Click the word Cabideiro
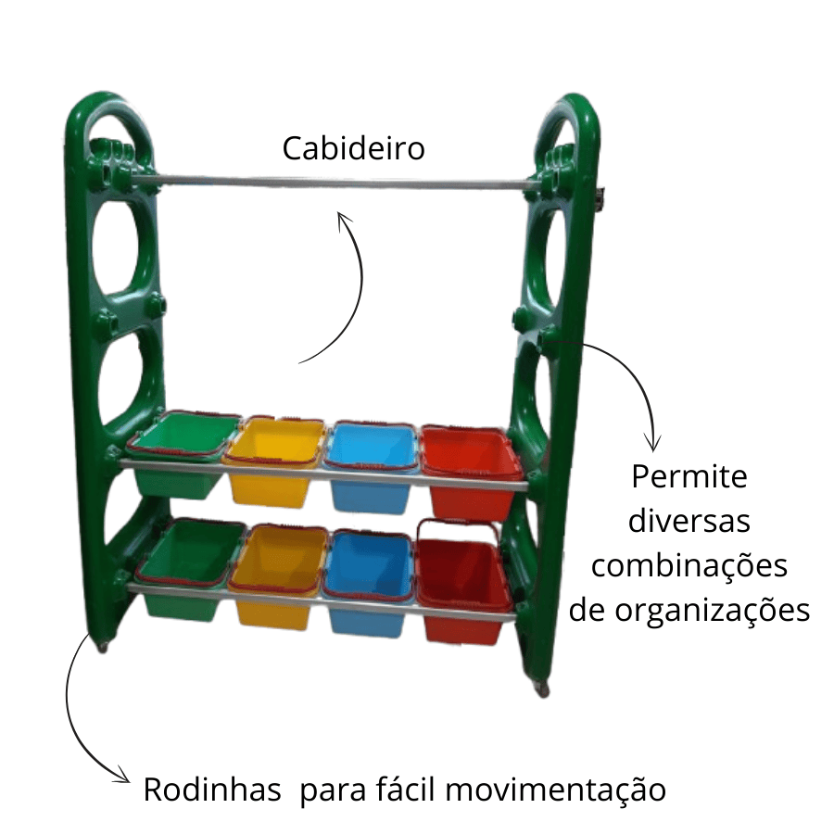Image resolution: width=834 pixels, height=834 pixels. tap(353, 148)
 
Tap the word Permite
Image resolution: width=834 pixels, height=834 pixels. tap(689, 477)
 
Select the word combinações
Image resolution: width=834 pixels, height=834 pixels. tap(689, 564)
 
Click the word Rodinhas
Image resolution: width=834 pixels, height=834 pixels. tap(212, 791)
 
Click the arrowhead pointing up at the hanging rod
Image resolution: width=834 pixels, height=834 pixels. tap(344, 220)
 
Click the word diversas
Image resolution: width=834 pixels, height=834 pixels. tap(689, 521)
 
